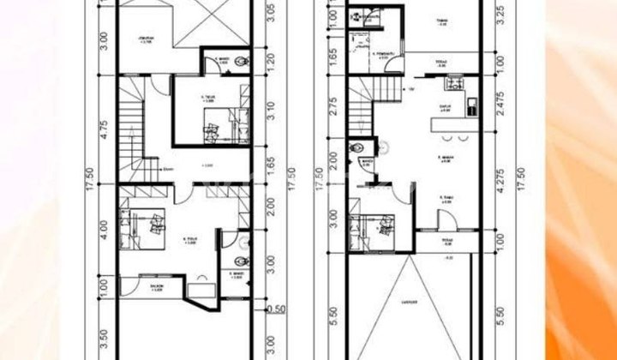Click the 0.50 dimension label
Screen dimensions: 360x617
(x=277, y=309)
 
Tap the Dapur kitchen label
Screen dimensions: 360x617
(x=445, y=108)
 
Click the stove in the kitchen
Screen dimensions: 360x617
(x=452, y=86)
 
